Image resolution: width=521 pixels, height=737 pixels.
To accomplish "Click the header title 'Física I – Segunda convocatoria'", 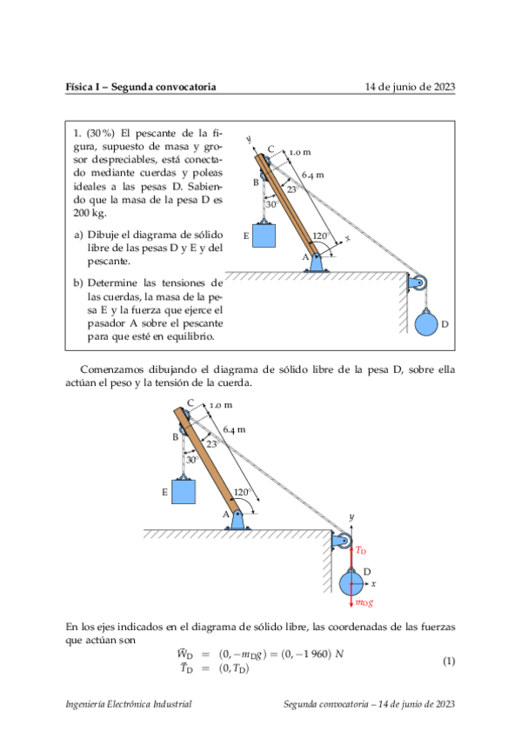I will pyautogui.click(x=141, y=87).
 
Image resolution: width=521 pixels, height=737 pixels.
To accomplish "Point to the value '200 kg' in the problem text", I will pyautogui.click(x=87, y=212).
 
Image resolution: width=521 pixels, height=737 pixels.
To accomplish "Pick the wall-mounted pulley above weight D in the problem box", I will pyautogui.click(x=420, y=282).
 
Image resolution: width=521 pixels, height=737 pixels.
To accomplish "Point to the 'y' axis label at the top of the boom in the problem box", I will pyautogui.click(x=249, y=139).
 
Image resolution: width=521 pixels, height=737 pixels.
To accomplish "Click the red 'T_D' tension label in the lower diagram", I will pyautogui.click(x=361, y=551).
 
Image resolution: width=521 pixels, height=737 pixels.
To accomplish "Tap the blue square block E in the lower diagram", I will pyautogui.click(x=184, y=492).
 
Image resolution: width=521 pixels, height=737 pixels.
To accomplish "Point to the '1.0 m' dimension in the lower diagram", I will pyautogui.click(x=221, y=405).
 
